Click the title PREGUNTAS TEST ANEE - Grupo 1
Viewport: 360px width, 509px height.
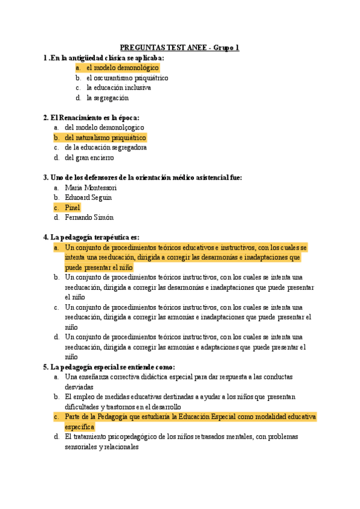click(x=179, y=47)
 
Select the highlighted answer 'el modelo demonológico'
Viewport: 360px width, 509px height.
click(x=122, y=68)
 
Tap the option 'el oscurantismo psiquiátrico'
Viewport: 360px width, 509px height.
click(x=127, y=78)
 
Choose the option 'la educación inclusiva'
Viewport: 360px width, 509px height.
click(x=118, y=88)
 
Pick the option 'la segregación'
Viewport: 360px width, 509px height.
click(x=107, y=98)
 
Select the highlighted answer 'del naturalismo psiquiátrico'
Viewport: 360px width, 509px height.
click(x=104, y=137)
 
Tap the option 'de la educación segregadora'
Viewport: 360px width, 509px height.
click(x=105, y=147)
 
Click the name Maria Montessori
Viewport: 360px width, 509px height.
click(x=91, y=187)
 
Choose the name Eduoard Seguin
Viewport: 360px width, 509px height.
click(x=88, y=197)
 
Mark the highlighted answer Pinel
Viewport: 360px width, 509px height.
click(x=72, y=207)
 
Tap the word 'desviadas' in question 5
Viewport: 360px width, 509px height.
click(x=80, y=387)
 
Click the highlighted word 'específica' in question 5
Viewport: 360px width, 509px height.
click(x=80, y=427)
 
